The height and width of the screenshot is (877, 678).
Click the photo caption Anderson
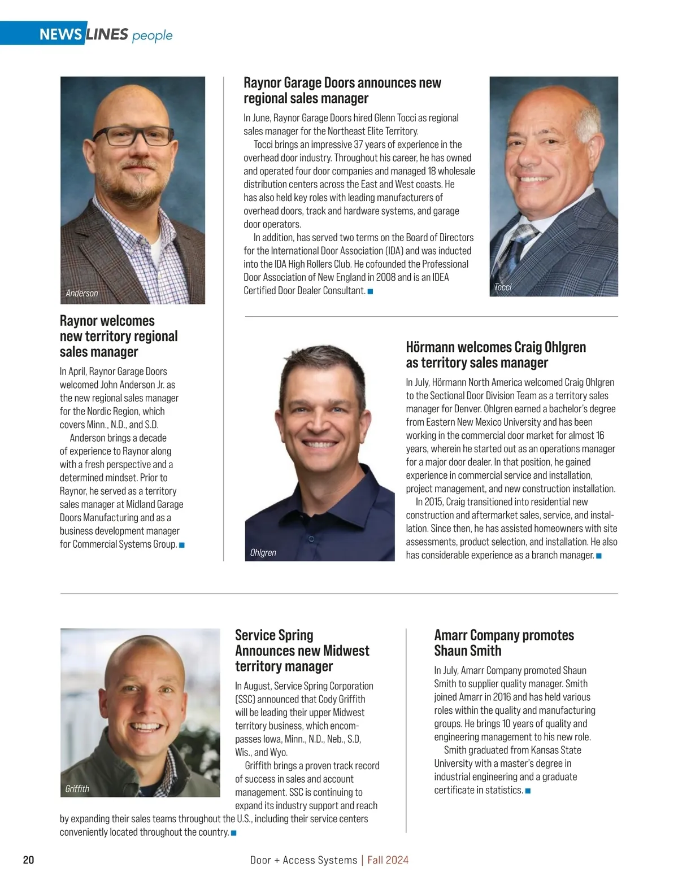(81, 293)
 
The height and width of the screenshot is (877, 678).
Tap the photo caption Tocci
(502, 287)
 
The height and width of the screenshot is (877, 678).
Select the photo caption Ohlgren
(263, 552)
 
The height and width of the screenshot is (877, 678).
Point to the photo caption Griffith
(77, 788)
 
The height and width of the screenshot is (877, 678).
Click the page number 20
(28, 859)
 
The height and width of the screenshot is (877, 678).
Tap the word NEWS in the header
(60, 34)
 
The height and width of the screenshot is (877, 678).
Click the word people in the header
(152, 36)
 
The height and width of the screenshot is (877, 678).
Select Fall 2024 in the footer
(388, 860)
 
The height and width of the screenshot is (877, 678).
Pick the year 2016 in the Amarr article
(498, 697)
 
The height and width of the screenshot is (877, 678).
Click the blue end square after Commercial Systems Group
(182, 545)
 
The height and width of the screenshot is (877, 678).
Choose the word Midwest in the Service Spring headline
(346, 651)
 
